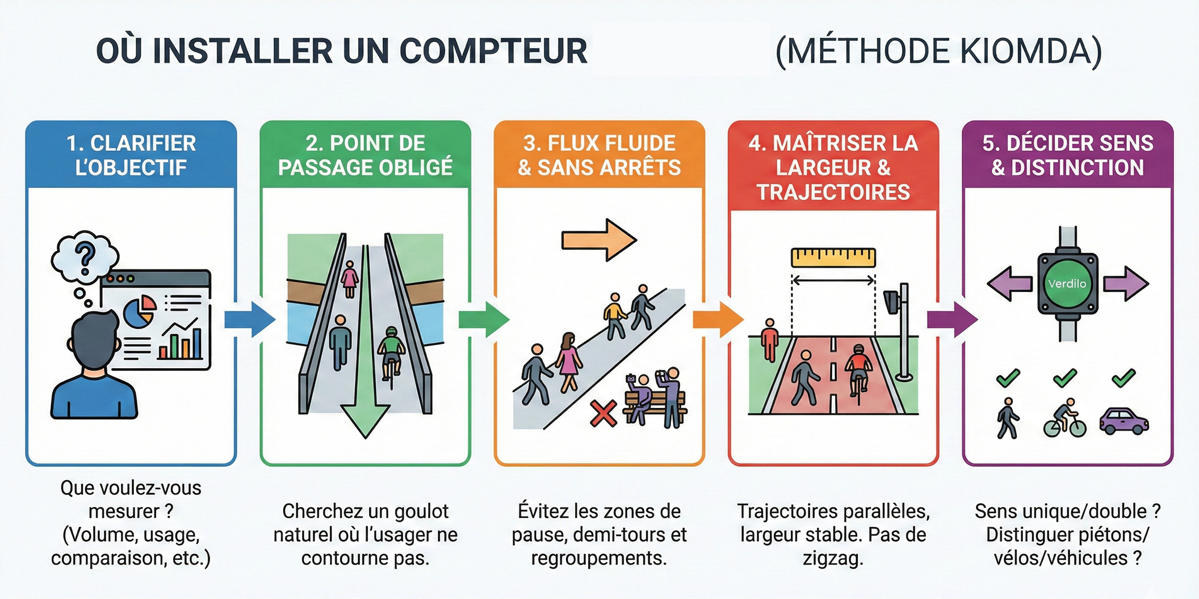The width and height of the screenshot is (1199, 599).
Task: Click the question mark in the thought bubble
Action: [86, 258]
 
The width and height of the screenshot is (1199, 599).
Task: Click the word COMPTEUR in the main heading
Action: [493, 52]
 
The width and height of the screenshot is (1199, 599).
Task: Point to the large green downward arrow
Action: [366, 397]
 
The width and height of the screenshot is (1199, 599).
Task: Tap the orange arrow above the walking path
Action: [599, 240]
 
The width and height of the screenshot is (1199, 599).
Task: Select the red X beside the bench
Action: [603, 414]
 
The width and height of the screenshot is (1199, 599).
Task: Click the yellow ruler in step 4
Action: [833, 258]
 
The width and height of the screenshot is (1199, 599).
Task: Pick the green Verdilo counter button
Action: [1067, 284]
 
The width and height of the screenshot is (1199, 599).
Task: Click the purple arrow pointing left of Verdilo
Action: [1009, 284]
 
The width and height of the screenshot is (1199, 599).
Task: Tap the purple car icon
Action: [1123, 421]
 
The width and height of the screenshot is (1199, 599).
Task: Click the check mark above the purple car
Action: [1123, 378]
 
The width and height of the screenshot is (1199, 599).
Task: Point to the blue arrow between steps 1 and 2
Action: [250, 320]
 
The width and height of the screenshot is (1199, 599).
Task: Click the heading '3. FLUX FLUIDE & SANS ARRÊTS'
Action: [599, 155]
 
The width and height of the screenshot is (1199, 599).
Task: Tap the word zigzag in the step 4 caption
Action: [833, 559]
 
